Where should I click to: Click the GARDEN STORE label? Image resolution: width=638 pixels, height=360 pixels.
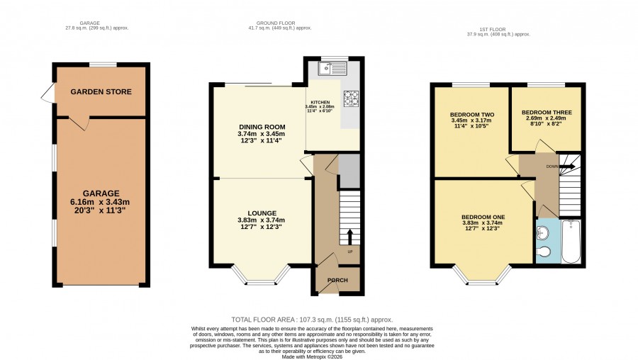101,91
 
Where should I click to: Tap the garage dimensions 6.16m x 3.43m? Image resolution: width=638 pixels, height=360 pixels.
100,202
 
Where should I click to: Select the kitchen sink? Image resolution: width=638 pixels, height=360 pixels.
333,68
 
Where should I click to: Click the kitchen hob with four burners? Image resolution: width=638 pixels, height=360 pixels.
352,99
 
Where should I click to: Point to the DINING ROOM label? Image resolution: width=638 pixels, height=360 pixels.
262,127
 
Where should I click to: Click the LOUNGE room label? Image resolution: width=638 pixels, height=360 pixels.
262,213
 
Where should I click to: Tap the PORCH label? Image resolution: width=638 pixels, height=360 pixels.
337,280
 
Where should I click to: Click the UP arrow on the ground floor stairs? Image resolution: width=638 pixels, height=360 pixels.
349,237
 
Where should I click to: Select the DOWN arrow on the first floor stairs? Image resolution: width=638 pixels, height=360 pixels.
567,167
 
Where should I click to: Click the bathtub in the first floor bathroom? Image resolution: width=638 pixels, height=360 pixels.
571,241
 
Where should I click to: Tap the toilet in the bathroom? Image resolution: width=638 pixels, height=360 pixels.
544,252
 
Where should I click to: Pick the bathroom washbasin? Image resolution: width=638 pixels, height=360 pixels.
543,232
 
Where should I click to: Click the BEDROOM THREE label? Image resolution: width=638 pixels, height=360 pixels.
547,112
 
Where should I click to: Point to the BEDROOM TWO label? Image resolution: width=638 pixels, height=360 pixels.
472,115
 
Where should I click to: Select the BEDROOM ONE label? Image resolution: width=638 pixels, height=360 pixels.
483,218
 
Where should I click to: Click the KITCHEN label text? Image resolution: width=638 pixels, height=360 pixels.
320,103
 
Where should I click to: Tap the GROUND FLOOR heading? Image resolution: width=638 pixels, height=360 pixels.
276,23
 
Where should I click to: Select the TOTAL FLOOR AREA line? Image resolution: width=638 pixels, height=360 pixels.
312,320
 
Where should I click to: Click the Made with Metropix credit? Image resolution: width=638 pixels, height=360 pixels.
312,356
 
